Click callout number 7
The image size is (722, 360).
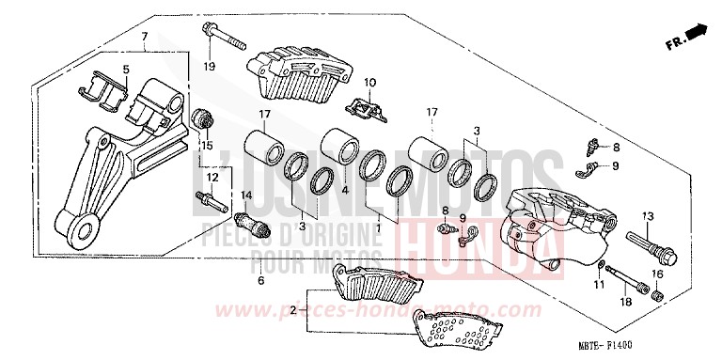(145, 37)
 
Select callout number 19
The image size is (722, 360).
(210, 65)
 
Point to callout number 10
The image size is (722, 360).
(369, 83)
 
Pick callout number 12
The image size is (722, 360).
(212, 177)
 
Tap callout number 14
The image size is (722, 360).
(247, 195)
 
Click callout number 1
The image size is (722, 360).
(378, 227)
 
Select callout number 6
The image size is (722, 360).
(260, 280)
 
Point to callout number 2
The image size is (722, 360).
(293, 308)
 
